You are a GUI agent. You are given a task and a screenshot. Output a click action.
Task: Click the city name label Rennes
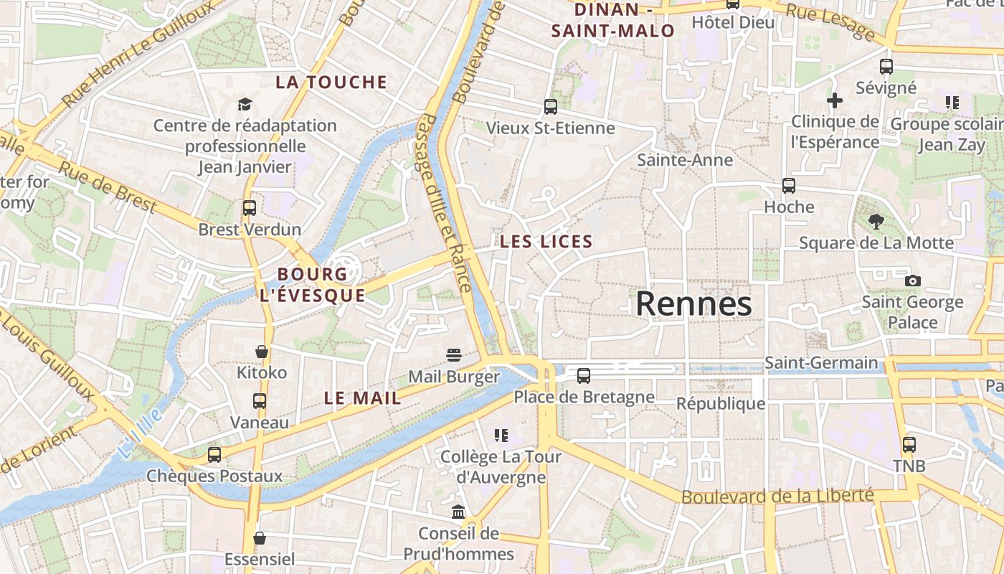click(693, 304)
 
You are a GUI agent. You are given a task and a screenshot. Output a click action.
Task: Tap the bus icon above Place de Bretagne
click(584, 375)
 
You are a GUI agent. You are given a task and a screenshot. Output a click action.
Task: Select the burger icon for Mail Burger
click(453, 355)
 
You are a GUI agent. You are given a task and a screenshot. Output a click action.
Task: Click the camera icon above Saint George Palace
click(912, 281)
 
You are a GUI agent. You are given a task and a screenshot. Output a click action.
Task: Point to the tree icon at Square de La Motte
click(876, 222)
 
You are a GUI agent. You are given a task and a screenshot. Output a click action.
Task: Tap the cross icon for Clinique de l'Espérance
click(834, 100)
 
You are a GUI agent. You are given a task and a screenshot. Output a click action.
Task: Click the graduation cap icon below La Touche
click(245, 105)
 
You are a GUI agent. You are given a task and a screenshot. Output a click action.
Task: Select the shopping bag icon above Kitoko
click(262, 352)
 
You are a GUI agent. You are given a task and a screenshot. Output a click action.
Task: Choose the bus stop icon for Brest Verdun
click(249, 208)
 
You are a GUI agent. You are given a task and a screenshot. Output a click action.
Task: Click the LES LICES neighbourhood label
click(546, 242)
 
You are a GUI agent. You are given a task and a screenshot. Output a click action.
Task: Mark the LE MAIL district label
click(362, 398)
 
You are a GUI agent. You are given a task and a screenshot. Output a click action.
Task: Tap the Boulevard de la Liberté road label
click(777, 496)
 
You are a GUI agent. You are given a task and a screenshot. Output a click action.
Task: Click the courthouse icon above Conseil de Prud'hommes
click(458, 512)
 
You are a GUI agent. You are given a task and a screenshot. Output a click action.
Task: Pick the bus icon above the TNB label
click(909, 445)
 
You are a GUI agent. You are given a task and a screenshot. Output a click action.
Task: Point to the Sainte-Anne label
click(685, 160)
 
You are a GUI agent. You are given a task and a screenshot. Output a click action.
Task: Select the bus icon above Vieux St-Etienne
click(550, 107)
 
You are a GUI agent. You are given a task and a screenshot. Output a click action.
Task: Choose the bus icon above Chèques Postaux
click(214, 454)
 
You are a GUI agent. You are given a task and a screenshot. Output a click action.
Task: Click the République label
click(721, 404)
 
